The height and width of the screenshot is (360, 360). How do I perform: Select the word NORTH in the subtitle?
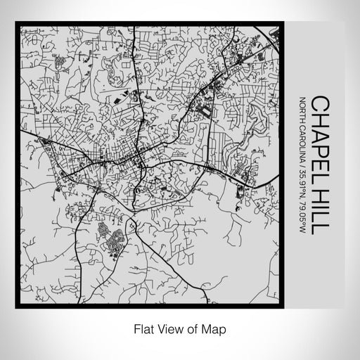point(302,107)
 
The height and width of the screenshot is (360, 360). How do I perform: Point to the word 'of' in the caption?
point(190,328)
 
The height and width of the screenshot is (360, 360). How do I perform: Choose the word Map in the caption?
point(210,328)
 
